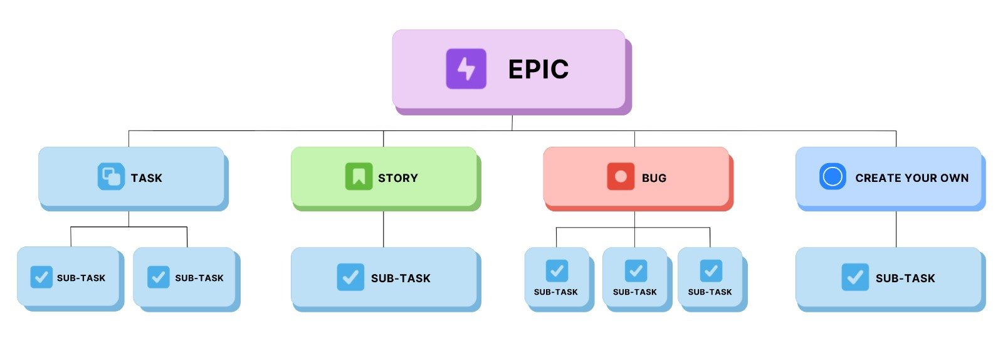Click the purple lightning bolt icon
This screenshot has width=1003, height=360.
(x=466, y=69)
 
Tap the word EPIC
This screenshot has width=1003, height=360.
(x=538, y=70)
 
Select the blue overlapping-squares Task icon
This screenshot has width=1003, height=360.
(x=111, y=177)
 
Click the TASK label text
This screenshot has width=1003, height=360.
(x=147, y=178)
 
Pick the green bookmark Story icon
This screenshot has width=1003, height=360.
(x=359, y=177)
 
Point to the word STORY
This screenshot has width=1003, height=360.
(x=397, y=178)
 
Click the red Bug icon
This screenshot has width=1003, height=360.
(x=621, y=177)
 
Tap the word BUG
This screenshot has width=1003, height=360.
(x=654, y=178)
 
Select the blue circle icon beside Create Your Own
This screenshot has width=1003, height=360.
(x=832, y=177)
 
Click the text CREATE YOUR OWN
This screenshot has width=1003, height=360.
(x=911, y=178)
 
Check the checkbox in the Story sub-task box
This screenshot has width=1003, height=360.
(x=350, y=277)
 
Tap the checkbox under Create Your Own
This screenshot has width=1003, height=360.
(x=855, y=277)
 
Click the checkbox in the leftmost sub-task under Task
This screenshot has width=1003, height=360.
(x=41, y=277)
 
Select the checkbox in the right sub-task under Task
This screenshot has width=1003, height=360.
(x=158, y=277)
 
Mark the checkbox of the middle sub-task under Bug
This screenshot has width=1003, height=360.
(x=636, y=271)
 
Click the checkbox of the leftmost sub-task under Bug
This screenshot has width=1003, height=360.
(x=557, y=271)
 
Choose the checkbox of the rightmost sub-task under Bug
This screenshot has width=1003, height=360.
(x=711, y=271)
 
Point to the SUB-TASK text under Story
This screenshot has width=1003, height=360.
(x=401, y=278)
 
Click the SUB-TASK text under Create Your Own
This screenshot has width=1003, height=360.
(x=905, y=278)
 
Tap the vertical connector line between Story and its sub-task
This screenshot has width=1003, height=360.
(x=384, y=229)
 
